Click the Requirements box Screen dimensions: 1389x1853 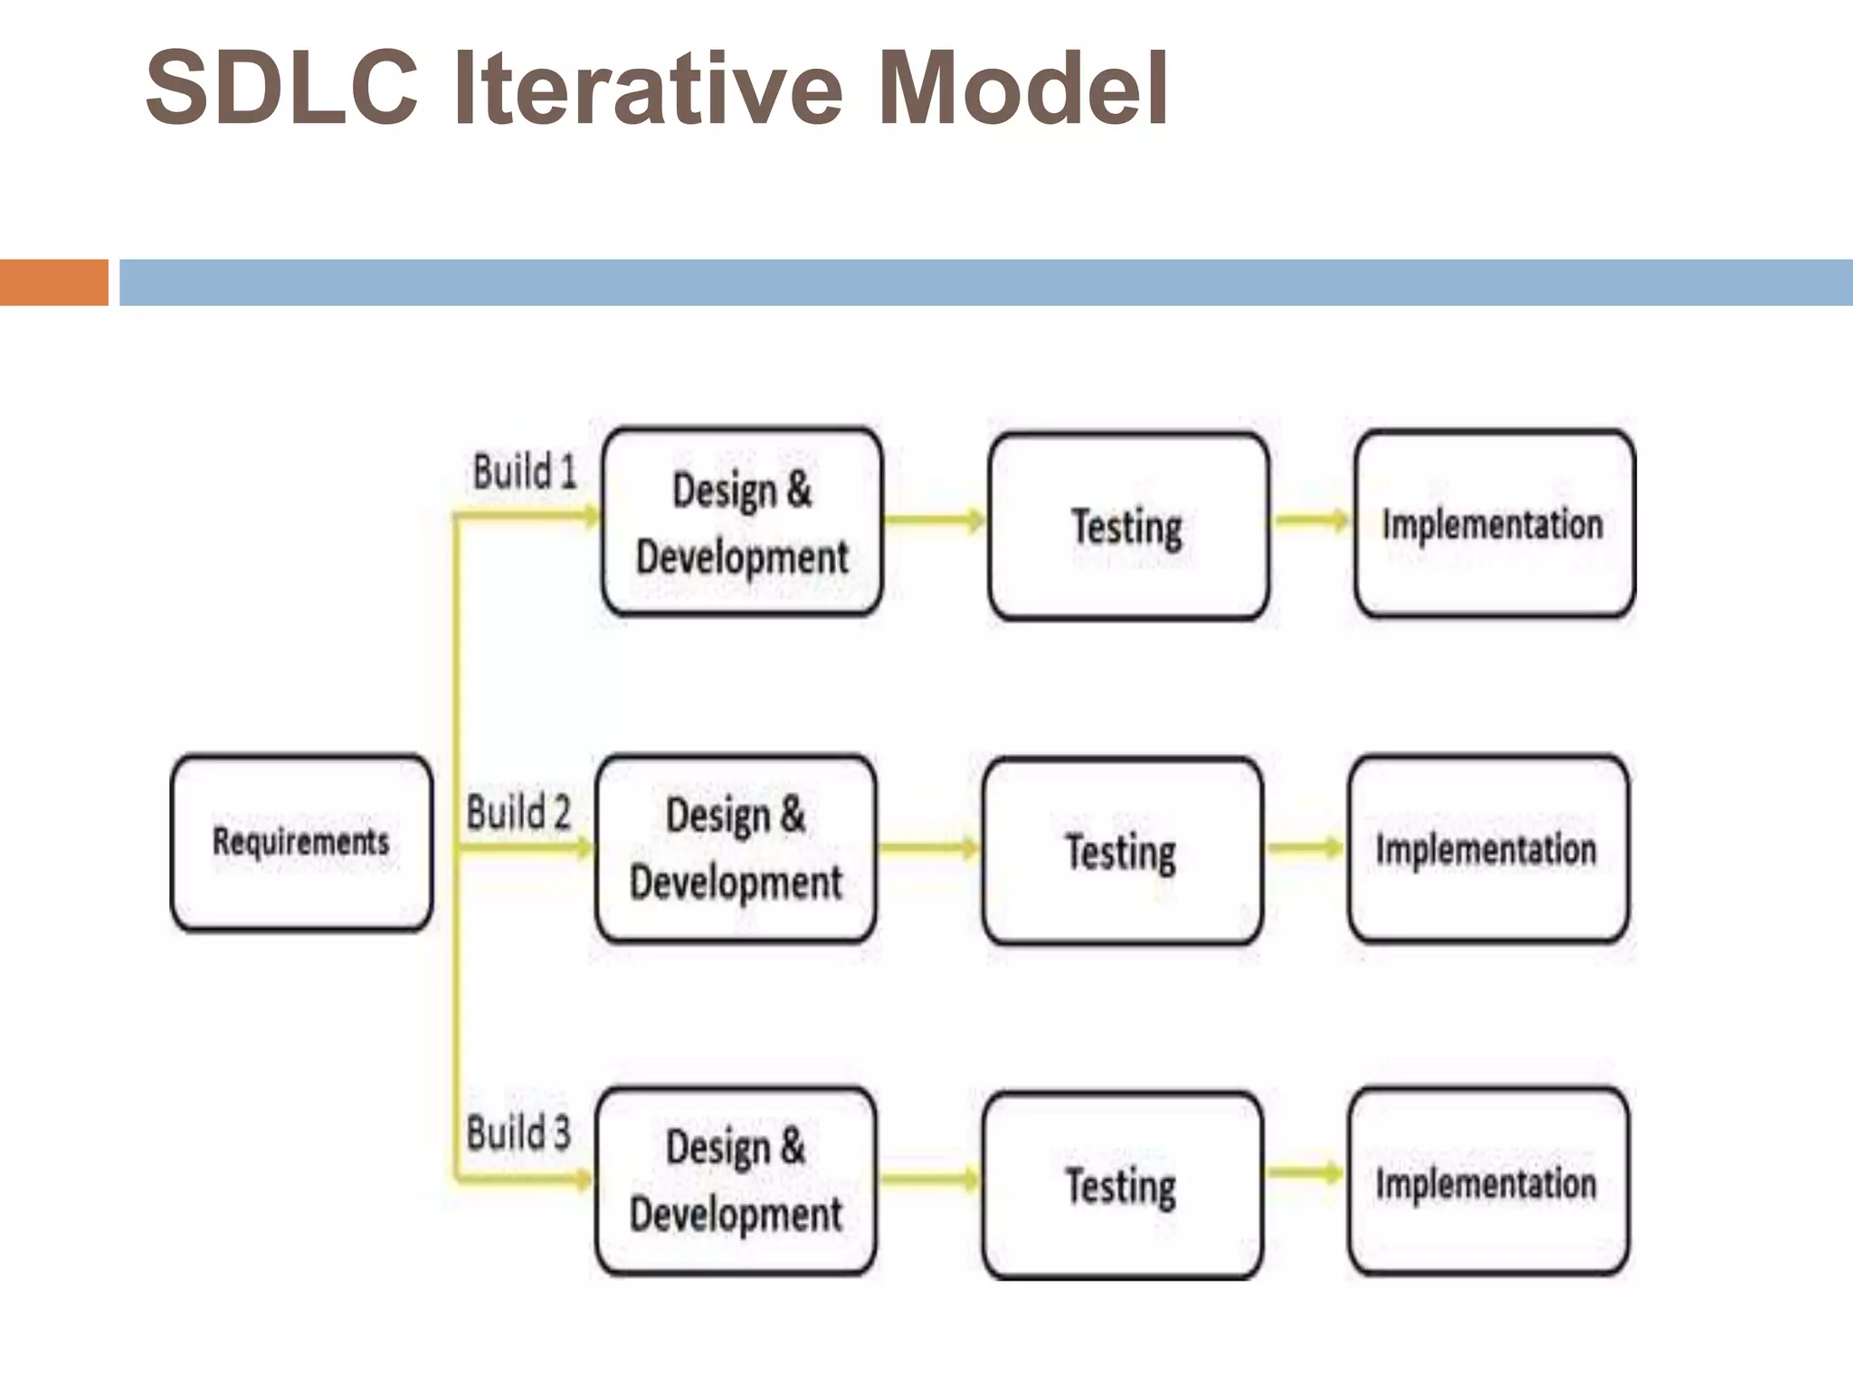point(301,843)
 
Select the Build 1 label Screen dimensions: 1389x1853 point(525,472)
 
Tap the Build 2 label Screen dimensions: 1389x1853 point(518,812)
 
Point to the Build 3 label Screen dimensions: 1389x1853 point(518,1132)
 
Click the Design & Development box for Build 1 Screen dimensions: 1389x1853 point(742,523)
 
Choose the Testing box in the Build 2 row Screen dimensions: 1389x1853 point(1122,851)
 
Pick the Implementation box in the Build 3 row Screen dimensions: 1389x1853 point(1487,1182)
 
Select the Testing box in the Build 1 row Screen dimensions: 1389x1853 point(1128,526)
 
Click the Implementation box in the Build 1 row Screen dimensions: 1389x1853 point(1494,524)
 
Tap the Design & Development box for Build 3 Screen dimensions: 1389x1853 point(736,1181)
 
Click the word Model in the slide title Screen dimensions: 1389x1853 point(1022,89)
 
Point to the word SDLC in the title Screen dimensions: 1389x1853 point(282,89)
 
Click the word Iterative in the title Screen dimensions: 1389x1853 point(648,89)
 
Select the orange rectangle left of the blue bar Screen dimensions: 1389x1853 point(53,282)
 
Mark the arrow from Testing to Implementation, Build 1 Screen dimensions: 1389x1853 point(1311,520)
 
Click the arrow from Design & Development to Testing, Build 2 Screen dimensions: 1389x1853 point(929,848)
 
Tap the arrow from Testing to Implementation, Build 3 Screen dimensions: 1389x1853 point(1305,1173)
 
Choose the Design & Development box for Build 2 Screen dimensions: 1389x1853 point(736,849)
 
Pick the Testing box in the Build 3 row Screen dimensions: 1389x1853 point(1122,1185)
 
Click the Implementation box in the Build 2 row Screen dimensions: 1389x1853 point(1487,849)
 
